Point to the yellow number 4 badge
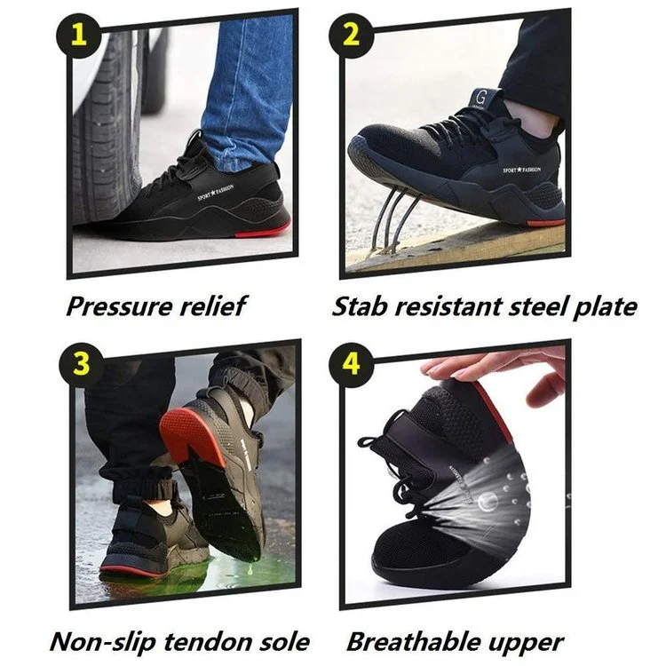point(353,364)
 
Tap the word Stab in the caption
point(357,307)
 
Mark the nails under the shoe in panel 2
point(388,222)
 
